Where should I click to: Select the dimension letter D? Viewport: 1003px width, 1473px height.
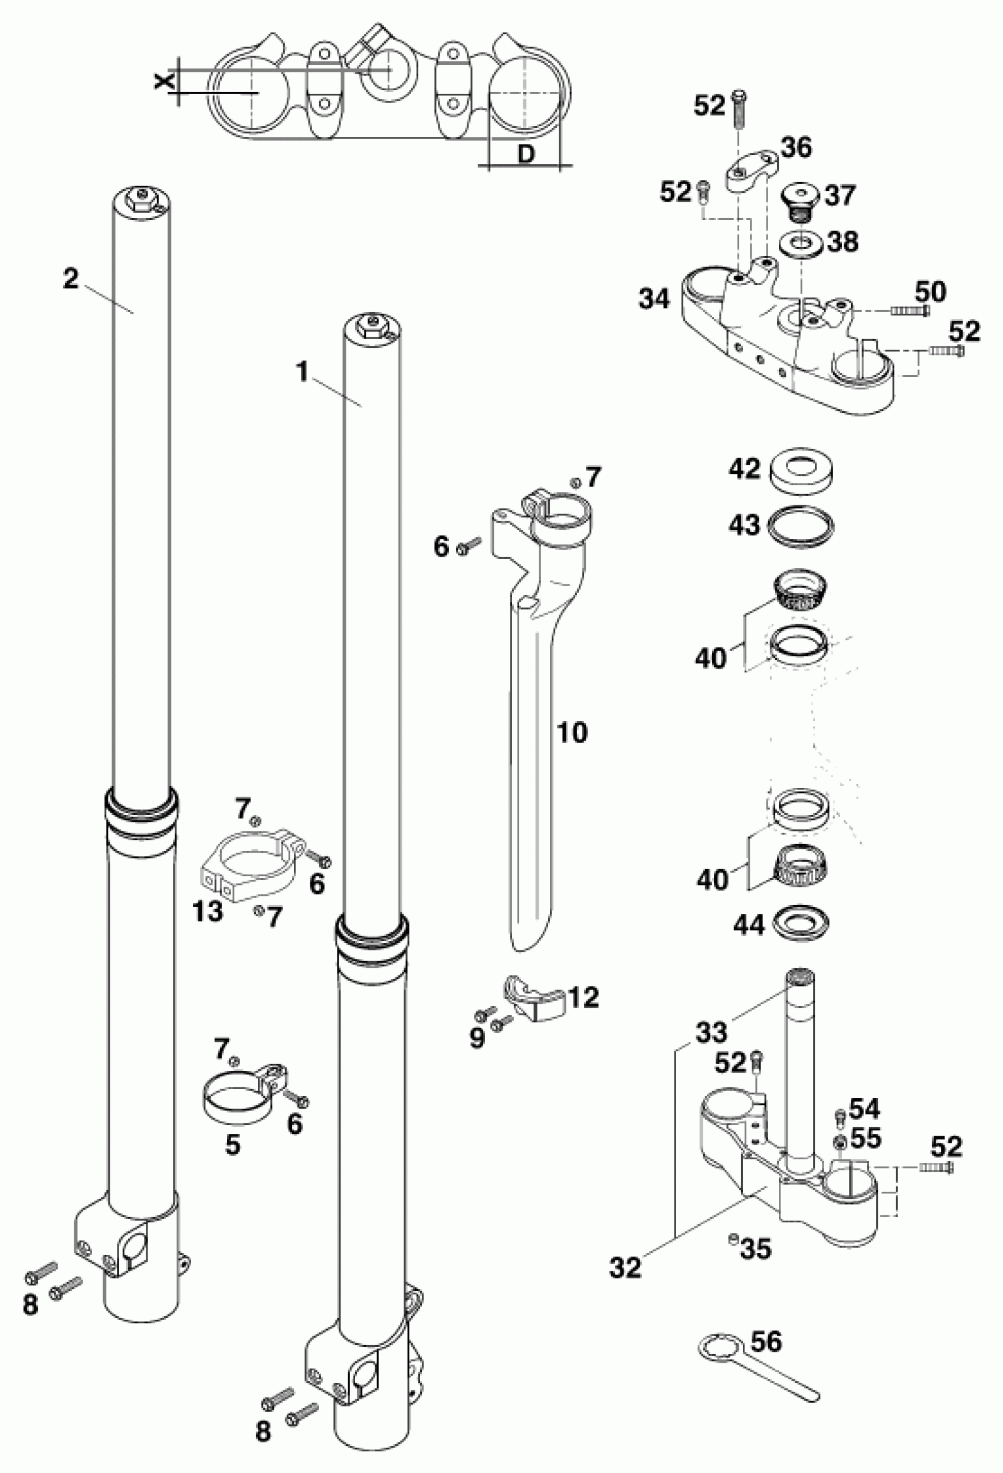[x=526, y=154]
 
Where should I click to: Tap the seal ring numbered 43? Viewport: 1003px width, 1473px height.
[x=801, y=525]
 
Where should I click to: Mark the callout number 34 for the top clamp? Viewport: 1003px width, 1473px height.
[x=654, y=298]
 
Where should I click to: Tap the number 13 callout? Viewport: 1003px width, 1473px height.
[x=207, y=912]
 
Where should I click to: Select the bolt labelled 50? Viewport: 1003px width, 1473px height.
[x=910, y=311]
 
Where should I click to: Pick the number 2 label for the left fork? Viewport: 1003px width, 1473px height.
[x=70, y=279]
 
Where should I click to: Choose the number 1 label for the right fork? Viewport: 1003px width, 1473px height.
[x=303, y=373]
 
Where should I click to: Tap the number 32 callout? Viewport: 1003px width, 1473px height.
[x=626, y=1268]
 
